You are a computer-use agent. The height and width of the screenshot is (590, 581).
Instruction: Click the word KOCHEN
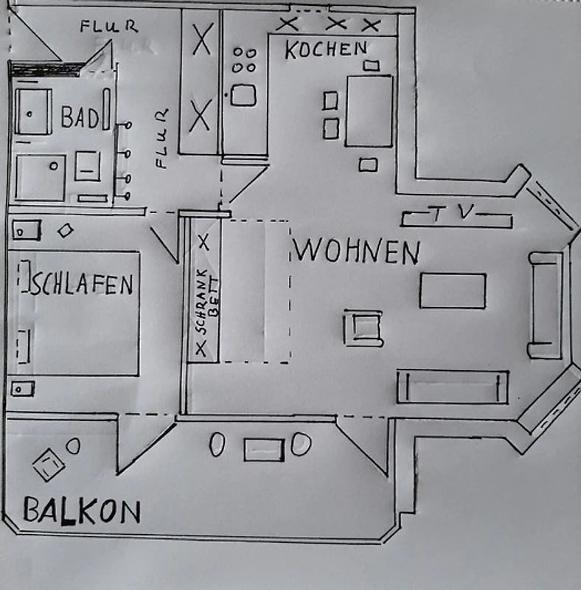pos(326,49)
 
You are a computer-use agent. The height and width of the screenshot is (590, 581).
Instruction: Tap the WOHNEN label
pos(356,251)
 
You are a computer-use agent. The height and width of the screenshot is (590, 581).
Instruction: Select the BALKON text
pos(82,510)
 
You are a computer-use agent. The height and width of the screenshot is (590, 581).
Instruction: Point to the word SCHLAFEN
pos(81,284)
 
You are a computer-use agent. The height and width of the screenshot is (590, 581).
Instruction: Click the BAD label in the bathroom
pos(80,117)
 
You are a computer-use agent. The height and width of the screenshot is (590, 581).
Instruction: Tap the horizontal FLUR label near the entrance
pos(108,26)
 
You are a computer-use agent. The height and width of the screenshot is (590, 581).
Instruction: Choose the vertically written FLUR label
pos(161,138)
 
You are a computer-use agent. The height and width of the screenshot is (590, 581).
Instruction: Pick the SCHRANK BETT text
pos(206,301)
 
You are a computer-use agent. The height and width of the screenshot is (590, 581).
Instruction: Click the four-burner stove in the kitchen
pos(244,60)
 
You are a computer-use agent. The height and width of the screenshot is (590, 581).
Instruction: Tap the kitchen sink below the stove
pos(243,95)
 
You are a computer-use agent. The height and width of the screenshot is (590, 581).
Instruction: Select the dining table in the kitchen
pos(369,111)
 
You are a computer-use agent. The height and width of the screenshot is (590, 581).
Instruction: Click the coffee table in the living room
pos(453,291)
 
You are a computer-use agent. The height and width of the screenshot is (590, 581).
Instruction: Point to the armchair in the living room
pos(363,327)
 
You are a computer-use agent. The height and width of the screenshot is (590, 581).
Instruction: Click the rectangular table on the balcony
pos(264,449)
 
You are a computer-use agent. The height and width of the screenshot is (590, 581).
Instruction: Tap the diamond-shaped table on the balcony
pos(49,465)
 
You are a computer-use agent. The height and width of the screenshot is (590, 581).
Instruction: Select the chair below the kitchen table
pos(368,164)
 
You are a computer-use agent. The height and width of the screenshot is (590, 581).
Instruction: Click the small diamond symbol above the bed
pos(66,230)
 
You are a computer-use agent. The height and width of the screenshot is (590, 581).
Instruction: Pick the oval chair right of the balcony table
pos(301,444)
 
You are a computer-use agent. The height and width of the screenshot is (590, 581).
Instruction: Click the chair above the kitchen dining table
pos(371,66)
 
